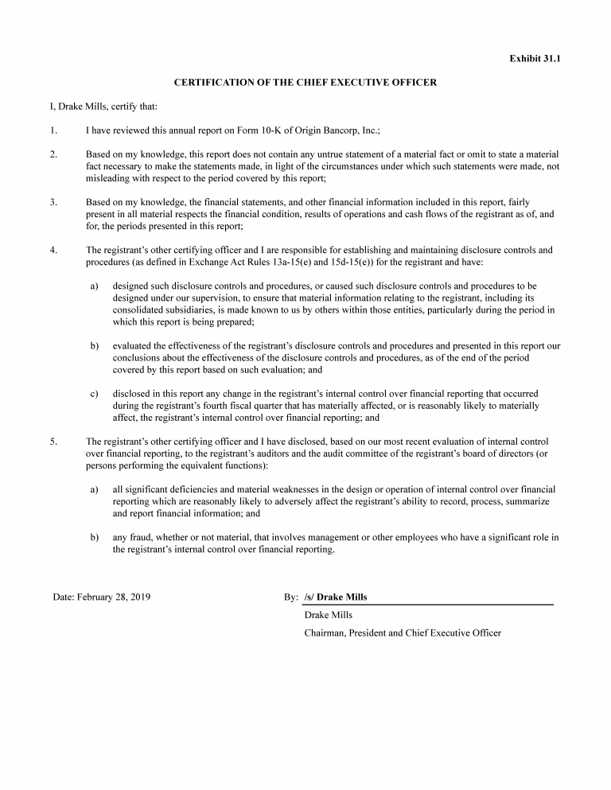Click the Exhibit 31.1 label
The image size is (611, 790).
(x=535, y=59)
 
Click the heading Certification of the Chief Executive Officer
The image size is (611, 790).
(x=305, y=83)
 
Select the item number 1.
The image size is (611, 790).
(x=53, y=130)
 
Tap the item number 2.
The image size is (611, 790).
(x=53, y=154)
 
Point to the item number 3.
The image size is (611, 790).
(x=53, y=202)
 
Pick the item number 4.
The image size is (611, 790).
(x=53, y=250)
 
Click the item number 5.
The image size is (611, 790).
(x=53, y=441)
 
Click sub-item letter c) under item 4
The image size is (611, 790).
(x=94, y=393)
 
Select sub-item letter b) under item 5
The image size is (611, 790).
(x=94, y=537)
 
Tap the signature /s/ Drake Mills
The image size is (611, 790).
(x=336, y=597)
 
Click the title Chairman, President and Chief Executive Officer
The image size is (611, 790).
(x=403, y=633)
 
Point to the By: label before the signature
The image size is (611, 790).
(x=290, y=597)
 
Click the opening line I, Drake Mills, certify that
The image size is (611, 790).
(x=104, y=106)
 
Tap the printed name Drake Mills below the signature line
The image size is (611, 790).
(x=328, y=615)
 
